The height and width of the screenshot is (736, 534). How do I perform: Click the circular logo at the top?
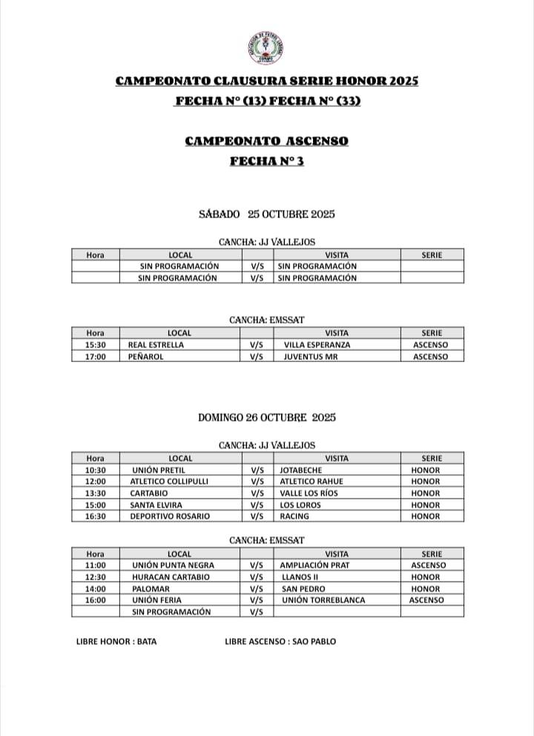tap(266, 47)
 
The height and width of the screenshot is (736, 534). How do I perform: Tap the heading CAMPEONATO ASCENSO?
tap(266, 141)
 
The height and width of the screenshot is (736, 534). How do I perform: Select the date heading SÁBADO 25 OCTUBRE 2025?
tap(267, 214)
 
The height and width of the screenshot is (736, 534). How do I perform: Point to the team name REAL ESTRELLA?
tap(156, 345)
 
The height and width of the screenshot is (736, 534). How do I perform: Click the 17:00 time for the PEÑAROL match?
tap(96, 357)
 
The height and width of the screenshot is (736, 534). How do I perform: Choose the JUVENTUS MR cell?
tap(313, 357)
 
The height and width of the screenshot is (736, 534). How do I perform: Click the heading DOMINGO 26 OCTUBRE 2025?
tap(267, 418)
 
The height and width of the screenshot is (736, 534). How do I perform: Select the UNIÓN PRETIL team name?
tap(158, 470)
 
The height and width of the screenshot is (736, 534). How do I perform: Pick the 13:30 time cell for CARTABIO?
tap(96, 493)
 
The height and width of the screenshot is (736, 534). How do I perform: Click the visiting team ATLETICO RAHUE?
tap(312, 482)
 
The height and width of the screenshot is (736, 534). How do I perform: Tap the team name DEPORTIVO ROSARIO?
tap(170, 516)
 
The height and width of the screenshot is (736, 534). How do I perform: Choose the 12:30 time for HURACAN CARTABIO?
tap(96, 577)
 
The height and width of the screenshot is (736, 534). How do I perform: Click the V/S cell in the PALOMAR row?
tap(257, 588)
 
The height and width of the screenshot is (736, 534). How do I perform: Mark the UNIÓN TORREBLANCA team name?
tap(323, 600)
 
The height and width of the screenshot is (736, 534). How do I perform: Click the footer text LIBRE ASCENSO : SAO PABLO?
tap(280, 641)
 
